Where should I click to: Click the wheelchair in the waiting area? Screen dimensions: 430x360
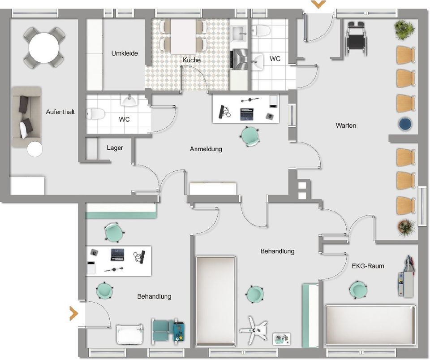[x=356, y=38]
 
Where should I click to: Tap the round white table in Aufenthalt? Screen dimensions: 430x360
[x=44, y=48]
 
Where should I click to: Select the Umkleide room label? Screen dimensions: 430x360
[x=125, y=53]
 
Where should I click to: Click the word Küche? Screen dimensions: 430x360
[x=191, y=60]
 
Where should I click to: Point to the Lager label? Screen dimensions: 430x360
[x=115, y=148]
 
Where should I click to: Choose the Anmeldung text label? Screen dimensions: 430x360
[x=206, y=149]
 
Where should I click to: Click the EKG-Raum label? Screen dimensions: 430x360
[x=368, y=266]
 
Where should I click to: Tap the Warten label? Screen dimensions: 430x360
[x=346, y=126]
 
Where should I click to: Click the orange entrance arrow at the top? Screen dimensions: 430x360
[x=318, y=4]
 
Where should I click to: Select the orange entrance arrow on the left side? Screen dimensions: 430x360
[x=74, y=313]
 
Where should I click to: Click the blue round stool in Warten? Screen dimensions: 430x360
[x=405, y=124]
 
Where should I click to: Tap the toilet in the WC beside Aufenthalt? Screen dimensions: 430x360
[x=95, y=113]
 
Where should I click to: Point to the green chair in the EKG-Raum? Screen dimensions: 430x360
[x=358, y=290]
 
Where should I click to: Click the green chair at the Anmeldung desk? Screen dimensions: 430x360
[x=250, y=136]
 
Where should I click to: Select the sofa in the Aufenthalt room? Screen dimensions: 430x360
[x=26, y=117]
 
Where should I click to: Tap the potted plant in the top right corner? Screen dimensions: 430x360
[x=404, y=29]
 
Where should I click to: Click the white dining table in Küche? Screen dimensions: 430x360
[x=184, y=36]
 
